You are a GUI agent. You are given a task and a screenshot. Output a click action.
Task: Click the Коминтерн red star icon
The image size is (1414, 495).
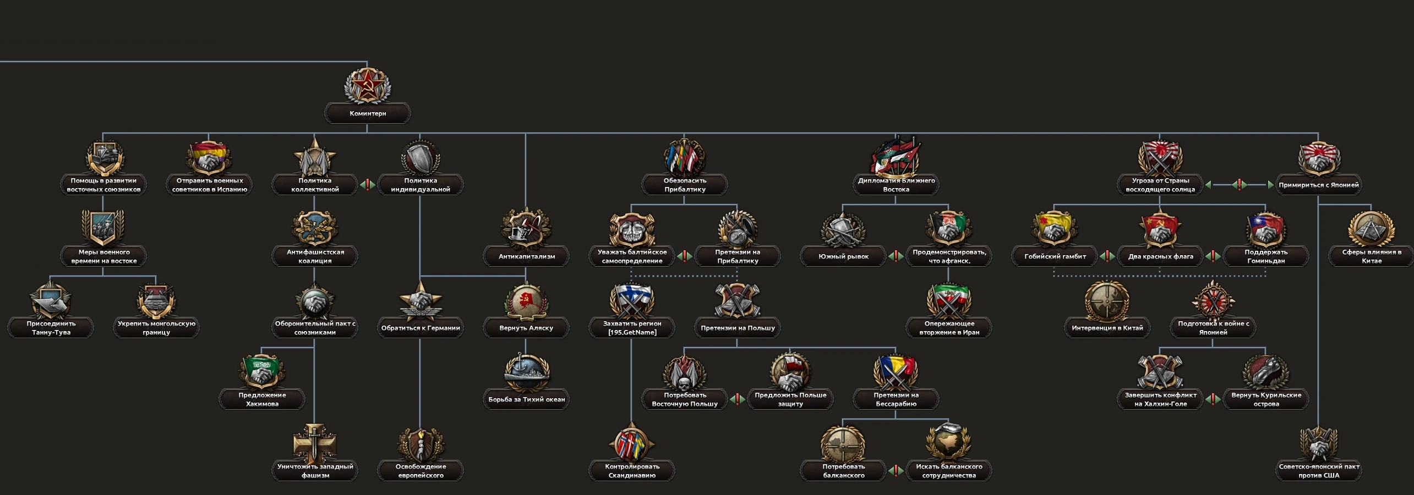coord(367,86)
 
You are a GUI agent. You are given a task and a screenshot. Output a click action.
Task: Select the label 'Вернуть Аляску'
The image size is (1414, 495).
coord(526,328)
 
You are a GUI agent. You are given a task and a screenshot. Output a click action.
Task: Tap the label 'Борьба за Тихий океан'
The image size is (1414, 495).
coord(526,399)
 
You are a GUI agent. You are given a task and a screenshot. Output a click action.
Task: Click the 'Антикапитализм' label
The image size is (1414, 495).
coord(526,256)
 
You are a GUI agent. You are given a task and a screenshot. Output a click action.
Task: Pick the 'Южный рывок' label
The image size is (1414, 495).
coord(843,256)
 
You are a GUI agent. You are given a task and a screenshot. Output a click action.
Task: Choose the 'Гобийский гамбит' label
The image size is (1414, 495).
coord(1055,256)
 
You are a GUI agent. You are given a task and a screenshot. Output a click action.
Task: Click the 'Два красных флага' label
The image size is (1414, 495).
coord(1160,256)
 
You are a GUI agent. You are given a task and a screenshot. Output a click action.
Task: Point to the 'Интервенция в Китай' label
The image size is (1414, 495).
coord(1107,328)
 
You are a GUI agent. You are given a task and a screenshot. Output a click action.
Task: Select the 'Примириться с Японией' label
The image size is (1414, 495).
coord(1318,185)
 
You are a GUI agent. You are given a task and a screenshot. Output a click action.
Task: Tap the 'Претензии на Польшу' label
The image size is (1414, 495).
coord(738,328)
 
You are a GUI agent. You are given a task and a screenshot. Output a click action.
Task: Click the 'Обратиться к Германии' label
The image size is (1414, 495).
coord(421,328)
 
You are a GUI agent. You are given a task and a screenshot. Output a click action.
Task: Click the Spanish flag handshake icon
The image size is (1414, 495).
coord(209,158)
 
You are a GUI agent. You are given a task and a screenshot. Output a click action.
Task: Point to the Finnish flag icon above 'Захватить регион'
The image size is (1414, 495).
coord(631,299)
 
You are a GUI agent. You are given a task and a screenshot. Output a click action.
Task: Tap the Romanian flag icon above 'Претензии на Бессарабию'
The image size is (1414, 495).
coord(896,371)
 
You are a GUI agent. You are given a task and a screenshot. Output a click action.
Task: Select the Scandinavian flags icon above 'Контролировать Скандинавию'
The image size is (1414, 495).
coord(631,443)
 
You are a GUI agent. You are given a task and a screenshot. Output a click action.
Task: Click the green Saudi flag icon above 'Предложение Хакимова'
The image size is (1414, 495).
coord(261,371)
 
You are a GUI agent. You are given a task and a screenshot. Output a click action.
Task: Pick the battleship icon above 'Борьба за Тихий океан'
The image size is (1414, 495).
coord(526,371)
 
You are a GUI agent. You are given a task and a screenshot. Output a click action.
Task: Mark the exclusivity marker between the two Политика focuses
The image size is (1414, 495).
coord(367,185)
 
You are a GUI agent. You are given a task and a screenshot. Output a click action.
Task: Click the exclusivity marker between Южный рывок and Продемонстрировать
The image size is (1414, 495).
coord(896,256)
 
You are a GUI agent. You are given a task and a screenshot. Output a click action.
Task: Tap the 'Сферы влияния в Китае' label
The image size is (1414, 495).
coord(1371,256)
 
